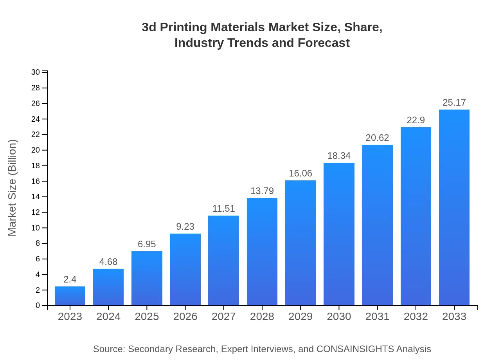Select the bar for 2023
click(70, 296)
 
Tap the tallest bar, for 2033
click(454, 207)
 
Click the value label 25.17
click(454, 103)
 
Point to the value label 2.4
click(70, 279)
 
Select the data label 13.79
click(262, 191)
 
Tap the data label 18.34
click(339, 156)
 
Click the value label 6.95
click(147, 244)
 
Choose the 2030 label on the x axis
click(339, 317)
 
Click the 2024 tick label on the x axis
click(108, 317)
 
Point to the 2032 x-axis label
click(416, 317)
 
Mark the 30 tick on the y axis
click(36, 72)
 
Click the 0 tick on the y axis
click(38, 306)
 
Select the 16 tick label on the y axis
click(36, 181)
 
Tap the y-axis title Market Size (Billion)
click(13, 188)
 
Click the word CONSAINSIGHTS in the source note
click(354, 349)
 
